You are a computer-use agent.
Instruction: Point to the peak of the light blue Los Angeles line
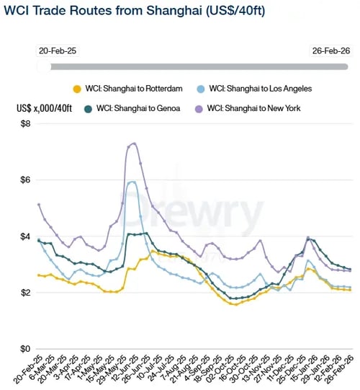pyautogui.click(x=132, y=182)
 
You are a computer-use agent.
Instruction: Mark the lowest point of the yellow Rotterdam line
pyautogui.click(x=234, y=304)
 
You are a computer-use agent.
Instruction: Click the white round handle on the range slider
pyautogui.click(x=45, y=66)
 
